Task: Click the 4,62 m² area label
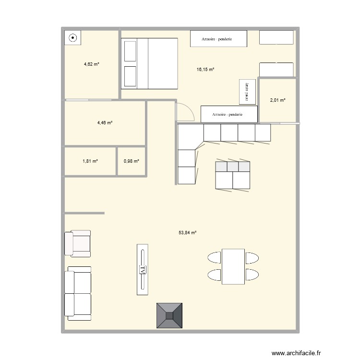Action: pos(91,64)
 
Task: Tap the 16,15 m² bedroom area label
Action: pos(205,70)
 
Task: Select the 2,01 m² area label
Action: pos(277,100)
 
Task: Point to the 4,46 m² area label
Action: pos(105,123)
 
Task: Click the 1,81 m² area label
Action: pos(90,161)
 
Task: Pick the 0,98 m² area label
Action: pos(131,161)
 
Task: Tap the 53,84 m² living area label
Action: pos(188,232)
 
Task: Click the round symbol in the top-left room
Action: pos(73,37)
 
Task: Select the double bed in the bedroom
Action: pos(149,63)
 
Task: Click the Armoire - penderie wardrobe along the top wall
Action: pos(218,39)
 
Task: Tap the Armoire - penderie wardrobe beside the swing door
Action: pos(229,114)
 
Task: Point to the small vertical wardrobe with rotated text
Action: pos(247,92)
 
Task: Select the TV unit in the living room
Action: pos(142,269)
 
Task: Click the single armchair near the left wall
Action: pos(78,243)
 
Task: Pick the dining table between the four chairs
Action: pos(233,266)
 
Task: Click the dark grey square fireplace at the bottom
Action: pos(169,315)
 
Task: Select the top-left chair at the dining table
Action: pos(214,258)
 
